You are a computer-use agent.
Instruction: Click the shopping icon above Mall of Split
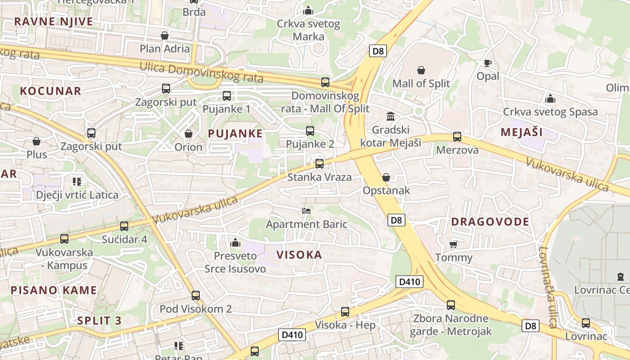click(x=421, y=70)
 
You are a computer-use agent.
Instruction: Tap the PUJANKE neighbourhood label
click(x=235, y=134)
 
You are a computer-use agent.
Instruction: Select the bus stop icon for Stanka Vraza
click(x=319, y=164)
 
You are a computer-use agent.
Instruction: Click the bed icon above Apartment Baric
click(x=306, y=211)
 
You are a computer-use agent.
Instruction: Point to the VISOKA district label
click(x=299, y=255)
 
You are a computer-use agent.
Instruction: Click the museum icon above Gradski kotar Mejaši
click(x=391, y=117)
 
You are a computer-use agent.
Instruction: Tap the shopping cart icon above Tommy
click(x=453, y=244)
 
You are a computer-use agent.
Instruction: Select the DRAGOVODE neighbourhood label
click(x=490, y=222)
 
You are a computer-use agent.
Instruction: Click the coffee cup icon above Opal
click(x=488, y=63)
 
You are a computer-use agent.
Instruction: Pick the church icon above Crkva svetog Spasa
click(x=550, y=99)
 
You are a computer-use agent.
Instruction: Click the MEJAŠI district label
click(x=522, y=132)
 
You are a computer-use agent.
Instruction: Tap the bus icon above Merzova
click(x=457, y=137)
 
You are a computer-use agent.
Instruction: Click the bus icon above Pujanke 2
click(x=310, y=131)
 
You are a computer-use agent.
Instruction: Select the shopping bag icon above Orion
click(x=189, y=134)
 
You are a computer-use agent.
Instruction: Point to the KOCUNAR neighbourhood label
click(x=50, y=91)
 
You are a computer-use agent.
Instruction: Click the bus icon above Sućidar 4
click(x=124, y=226)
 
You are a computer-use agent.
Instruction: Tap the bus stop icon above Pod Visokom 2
click(x=196, y=296)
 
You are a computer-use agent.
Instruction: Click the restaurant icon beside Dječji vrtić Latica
click(x=77, y=182)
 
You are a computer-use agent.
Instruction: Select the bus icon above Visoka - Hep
click(x=345, y=312)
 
